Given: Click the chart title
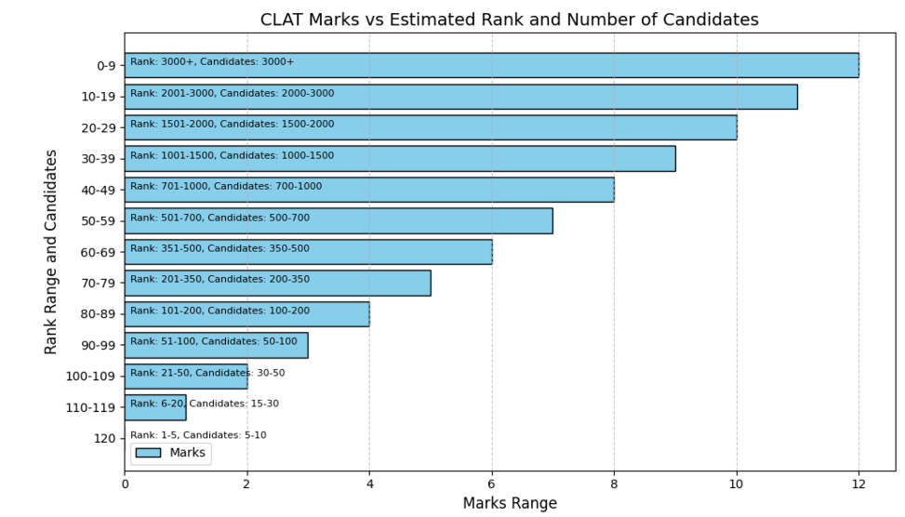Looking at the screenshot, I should point(509,20).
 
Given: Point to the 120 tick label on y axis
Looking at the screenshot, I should point(104,438).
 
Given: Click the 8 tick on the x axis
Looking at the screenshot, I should point(614,484).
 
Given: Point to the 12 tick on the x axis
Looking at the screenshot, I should point(858,484).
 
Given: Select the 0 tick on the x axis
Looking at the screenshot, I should point(125,484).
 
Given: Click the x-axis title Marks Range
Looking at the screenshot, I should point(510,503).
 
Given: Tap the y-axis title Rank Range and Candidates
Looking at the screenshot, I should point(51,251).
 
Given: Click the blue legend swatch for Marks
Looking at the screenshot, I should point(147,453).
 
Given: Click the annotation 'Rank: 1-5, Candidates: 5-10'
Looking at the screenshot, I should point(198,435).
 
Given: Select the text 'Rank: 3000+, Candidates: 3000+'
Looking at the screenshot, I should point(212,62).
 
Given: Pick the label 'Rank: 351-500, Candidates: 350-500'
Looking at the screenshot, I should point(220,248).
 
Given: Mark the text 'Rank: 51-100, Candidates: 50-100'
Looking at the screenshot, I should point(214,341).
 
